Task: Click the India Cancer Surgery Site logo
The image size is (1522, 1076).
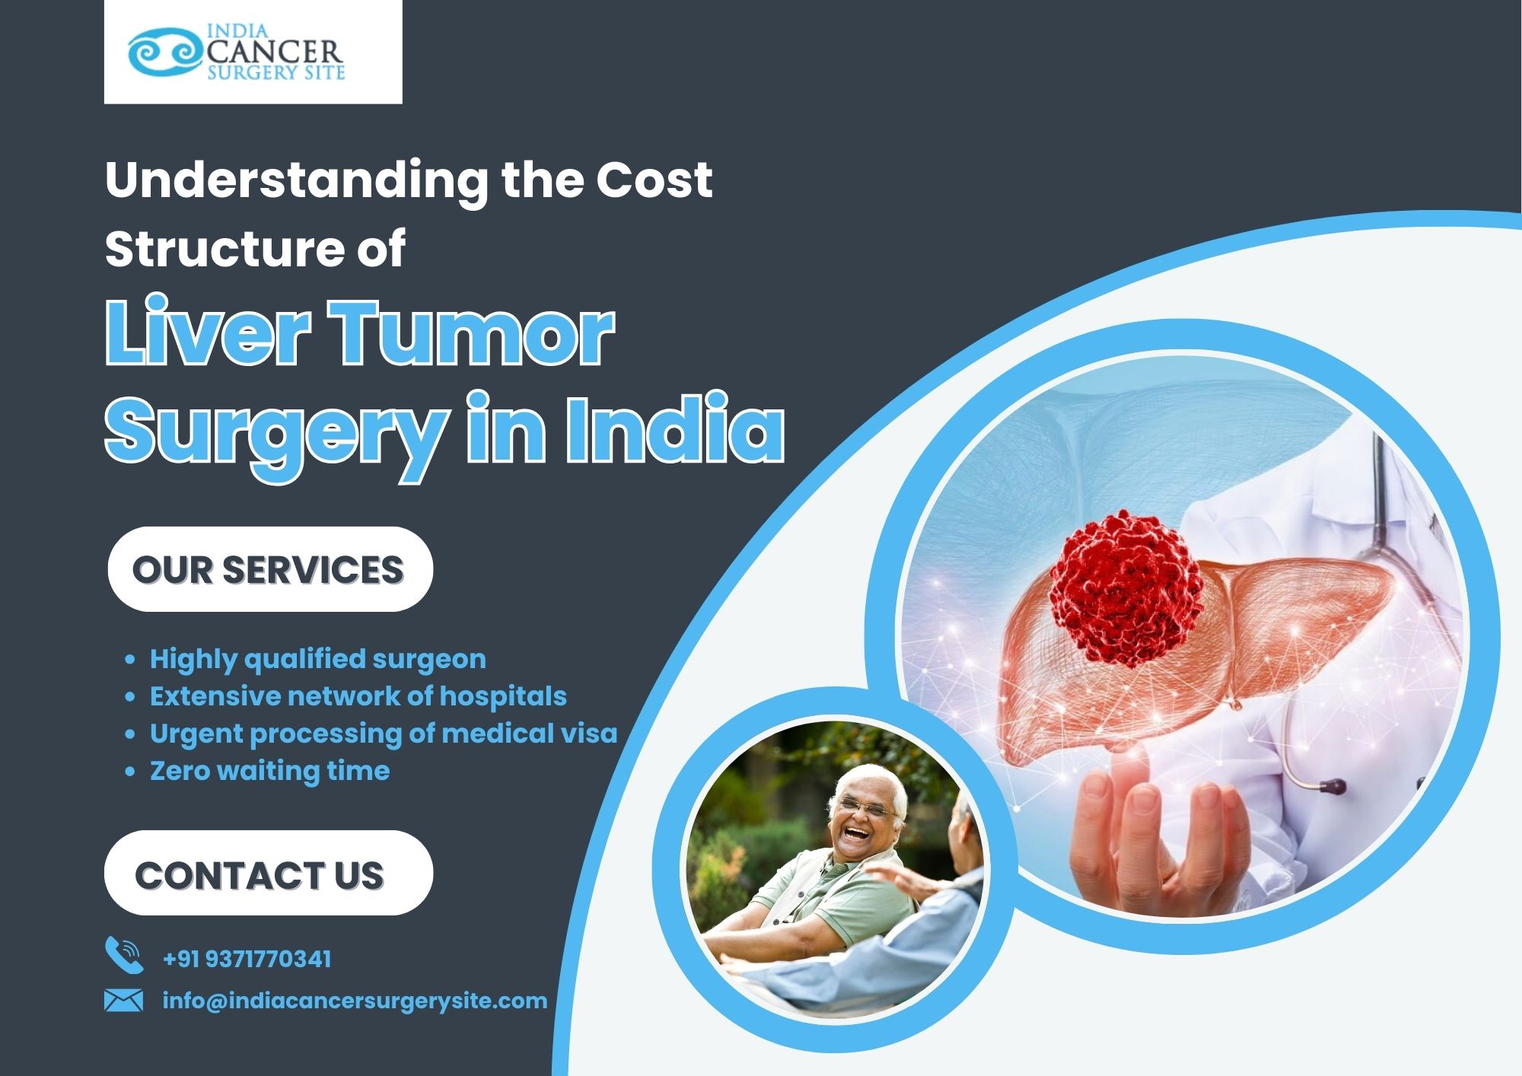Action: pos(237,52)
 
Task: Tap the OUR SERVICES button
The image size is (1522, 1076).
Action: pos(270,569)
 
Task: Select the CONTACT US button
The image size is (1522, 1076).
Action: pos(269,873)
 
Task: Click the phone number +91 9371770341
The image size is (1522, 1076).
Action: pos(247,959)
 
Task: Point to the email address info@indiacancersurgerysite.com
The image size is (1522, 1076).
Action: pos(355,1000)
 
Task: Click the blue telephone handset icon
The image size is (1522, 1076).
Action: pos(124,956)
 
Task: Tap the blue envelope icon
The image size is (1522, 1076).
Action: pos(123,1000)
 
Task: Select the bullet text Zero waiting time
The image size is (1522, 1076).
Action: pos(269,771)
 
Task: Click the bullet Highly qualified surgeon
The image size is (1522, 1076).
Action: pos(317,659)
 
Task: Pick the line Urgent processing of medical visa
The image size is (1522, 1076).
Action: pos(384,734)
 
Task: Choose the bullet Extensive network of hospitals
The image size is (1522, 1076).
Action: pos(358,696)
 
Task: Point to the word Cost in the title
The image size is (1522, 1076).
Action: pos(654,180)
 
